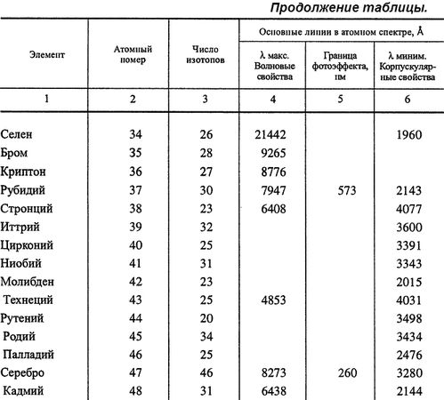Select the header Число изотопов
pos(205,56)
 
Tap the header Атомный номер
pos(133,56)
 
